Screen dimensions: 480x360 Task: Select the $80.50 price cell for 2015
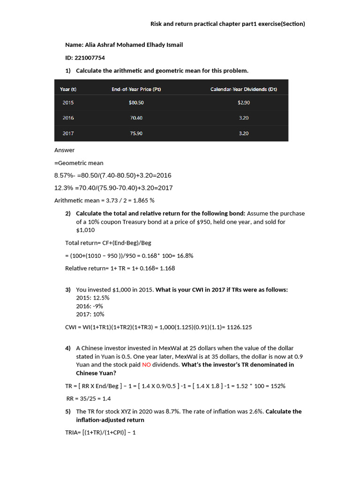tap(136, 102)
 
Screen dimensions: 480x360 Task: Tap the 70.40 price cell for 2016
tap(136, 118)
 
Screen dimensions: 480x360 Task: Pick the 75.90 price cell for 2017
tap(136, 133)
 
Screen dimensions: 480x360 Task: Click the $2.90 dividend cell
tap(243, 102)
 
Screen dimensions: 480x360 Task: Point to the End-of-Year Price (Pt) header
tap(136, 89)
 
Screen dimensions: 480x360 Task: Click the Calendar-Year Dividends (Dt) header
tap(243, 89)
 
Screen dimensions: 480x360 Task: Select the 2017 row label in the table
tap(68, 133)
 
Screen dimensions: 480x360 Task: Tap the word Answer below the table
tap(65, 150)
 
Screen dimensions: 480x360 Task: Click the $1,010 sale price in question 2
tap(85, 230)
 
